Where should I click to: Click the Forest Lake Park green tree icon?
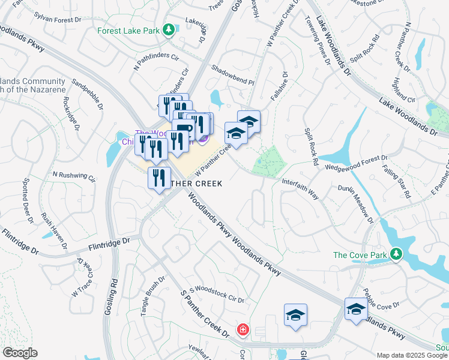[169, 29]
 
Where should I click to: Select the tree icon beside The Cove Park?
[396, 255]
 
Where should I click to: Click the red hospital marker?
[243, 329]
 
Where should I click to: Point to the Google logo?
[20, 353]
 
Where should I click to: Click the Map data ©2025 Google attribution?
[412, 355]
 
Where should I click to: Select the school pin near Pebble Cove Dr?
[356, 309]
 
